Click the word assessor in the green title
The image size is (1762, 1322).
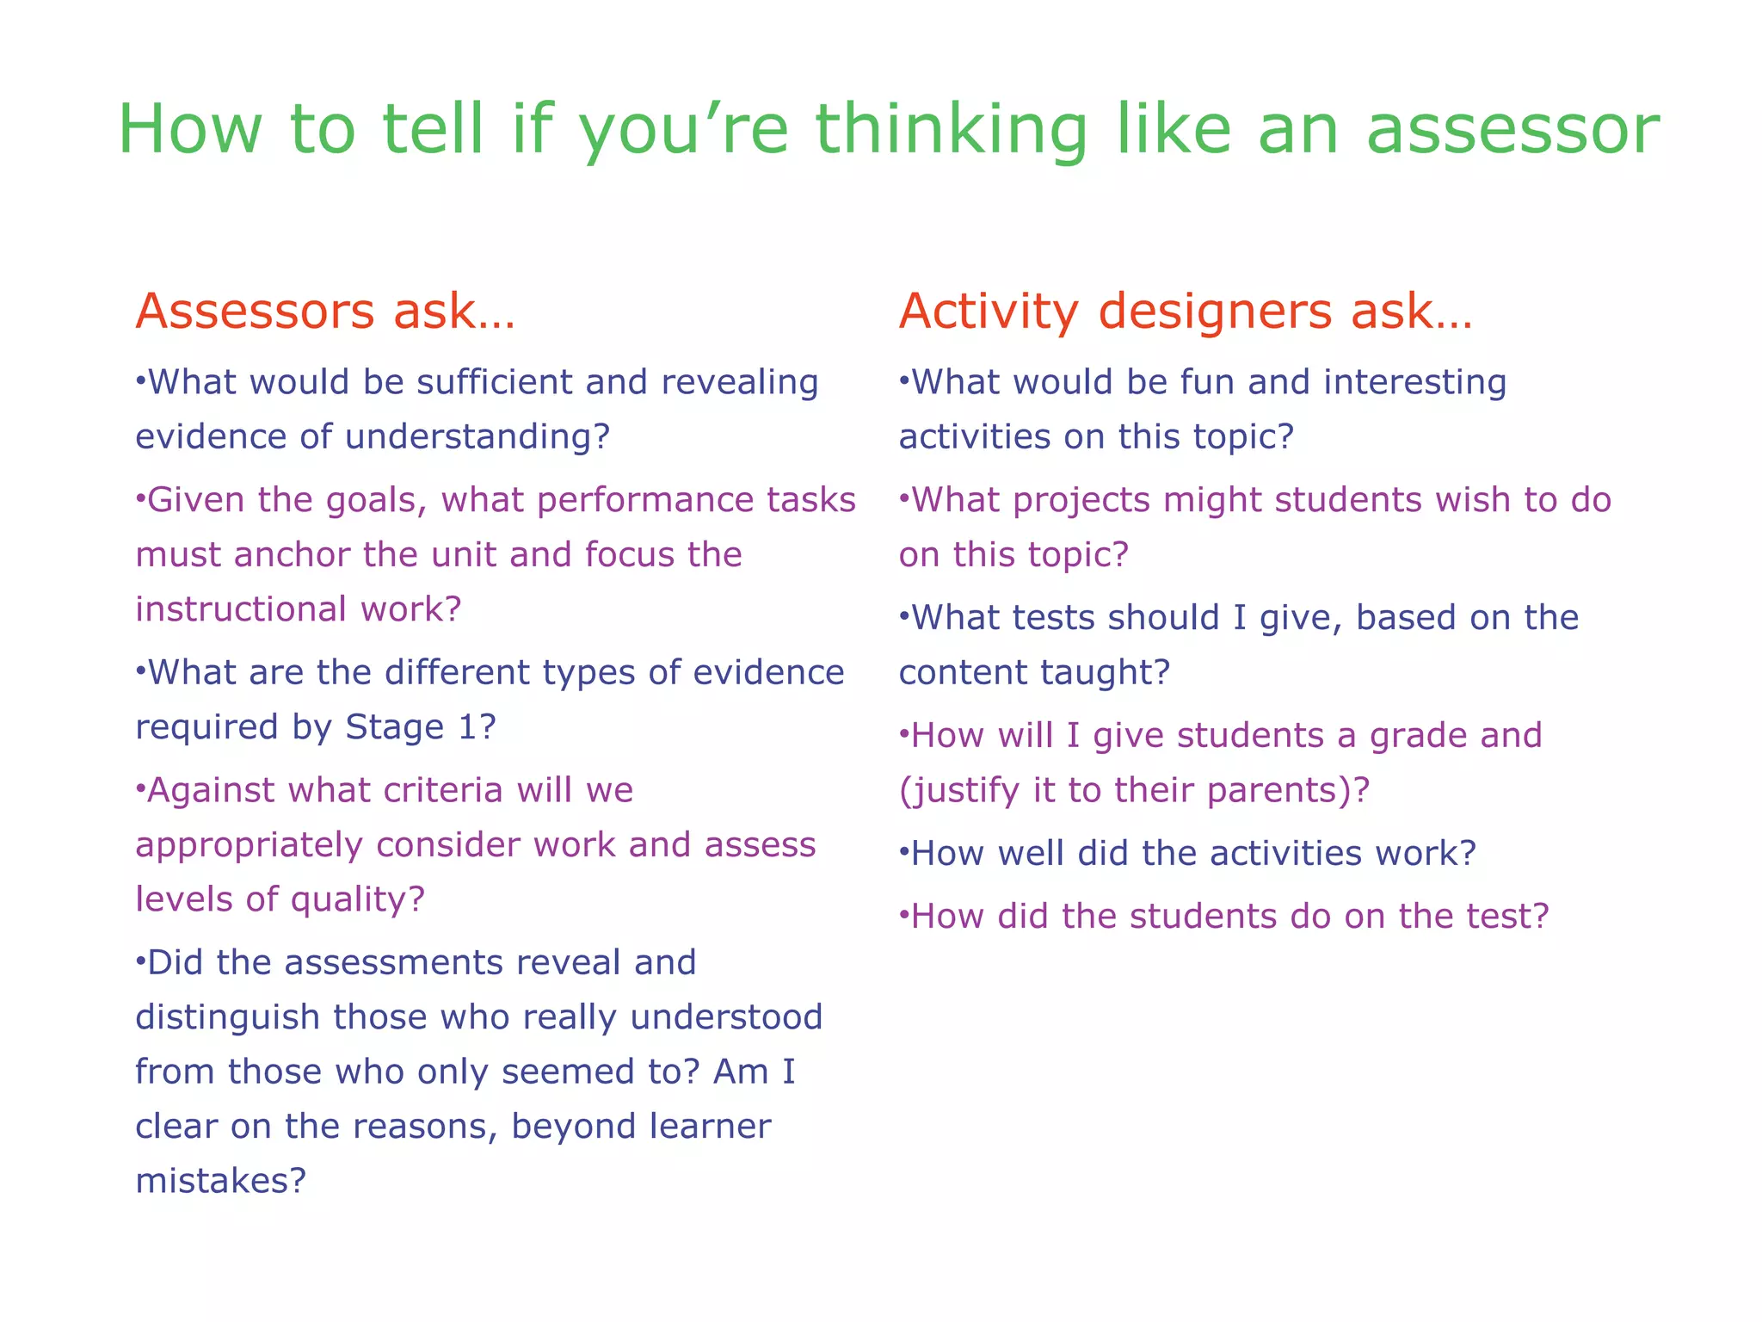pyautogui.click(x=1512, y=131)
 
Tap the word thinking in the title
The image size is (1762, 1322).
pyautogui.click(x=952, y=131)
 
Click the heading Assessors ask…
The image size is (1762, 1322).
pyautogui.click(x=325, y=312)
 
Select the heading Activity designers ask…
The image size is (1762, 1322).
pyautogui.click(x=1186, y=312)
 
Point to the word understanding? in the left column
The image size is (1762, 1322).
pyautogui.click(x=477, y=437)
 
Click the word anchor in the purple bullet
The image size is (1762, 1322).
pyautogui.click(x=293, y=555)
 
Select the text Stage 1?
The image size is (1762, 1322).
pyautogui.click(x=421, y=727)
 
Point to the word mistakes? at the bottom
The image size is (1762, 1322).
pyautogui.click(x=221, y=1181)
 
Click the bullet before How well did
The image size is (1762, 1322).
pyautogui.click(x=903, y=854)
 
